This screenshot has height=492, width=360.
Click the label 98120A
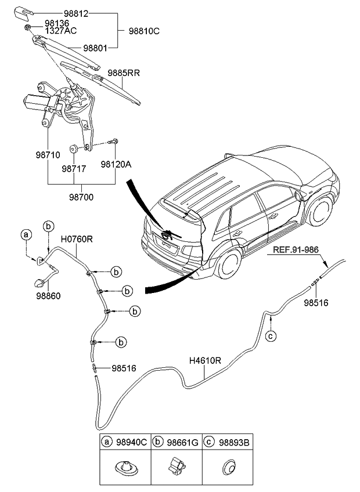coord(116,164)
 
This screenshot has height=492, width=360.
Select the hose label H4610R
coord(205,360)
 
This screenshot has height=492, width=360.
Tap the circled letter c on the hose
coord(270,336)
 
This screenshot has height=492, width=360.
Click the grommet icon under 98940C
coord(124,465)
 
